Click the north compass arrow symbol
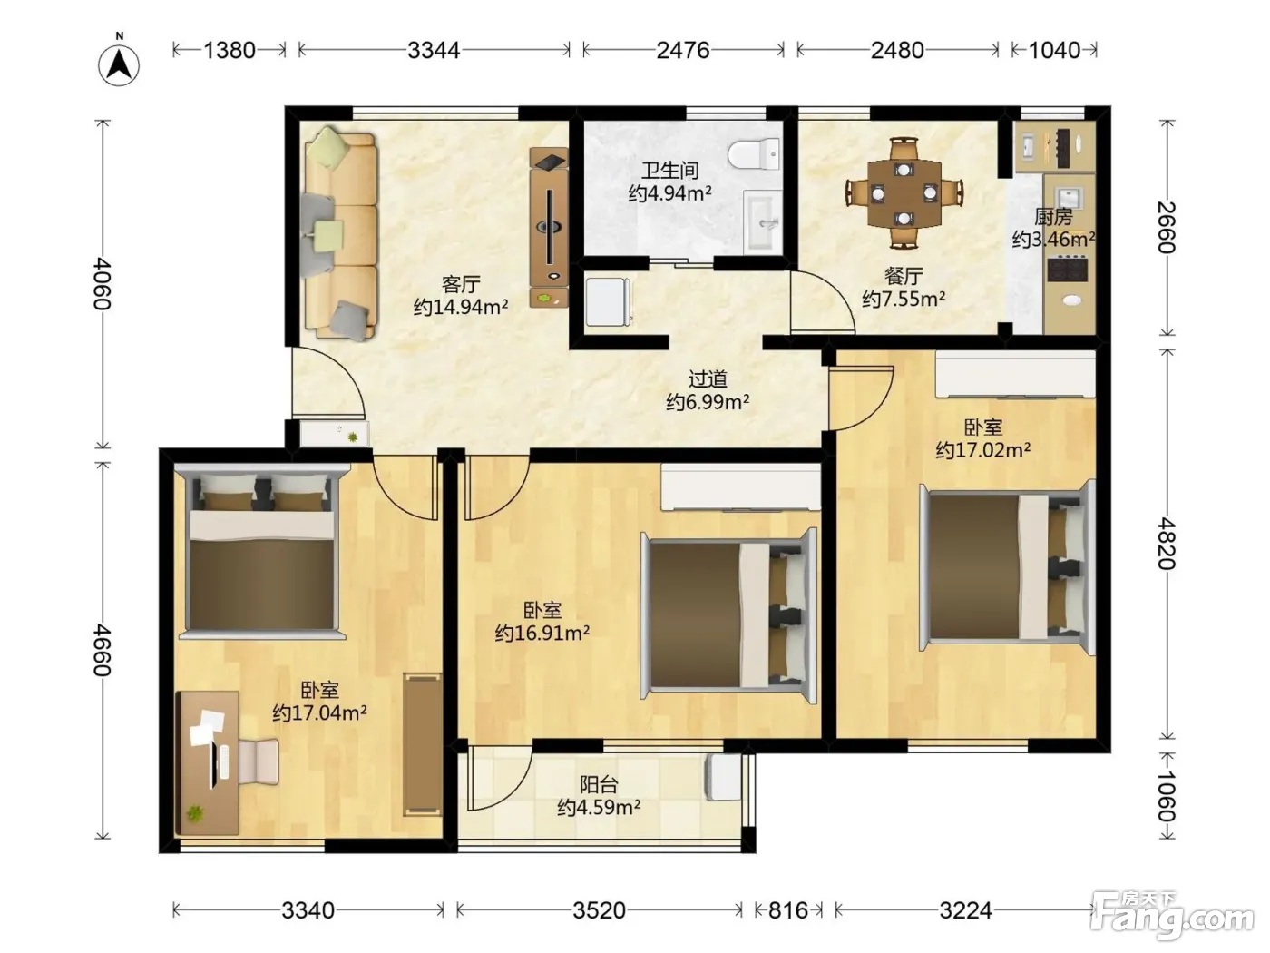pos(119,64)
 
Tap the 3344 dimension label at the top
pos(434,50)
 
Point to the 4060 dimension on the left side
pos(103,283)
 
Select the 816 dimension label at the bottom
pos(788,910)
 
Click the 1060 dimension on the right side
pos(1166,796)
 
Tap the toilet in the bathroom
pos(753,154)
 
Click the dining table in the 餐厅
pos(904,194)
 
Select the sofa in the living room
pos(339,234)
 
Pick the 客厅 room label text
pos(461,284)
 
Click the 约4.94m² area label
pos(670,192)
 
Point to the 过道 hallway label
pos(708,379)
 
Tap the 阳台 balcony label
pos(599,784)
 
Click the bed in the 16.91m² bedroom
pos(729,615)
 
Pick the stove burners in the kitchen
pos(1068,270)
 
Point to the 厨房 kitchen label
pos(1054,217)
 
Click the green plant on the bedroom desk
pos(195,813)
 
